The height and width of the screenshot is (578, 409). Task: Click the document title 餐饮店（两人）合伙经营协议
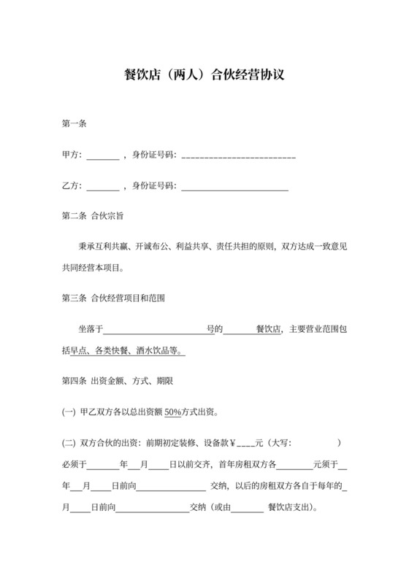point(204,74)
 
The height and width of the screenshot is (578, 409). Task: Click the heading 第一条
point(74,124)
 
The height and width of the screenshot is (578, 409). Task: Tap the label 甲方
point(71,155)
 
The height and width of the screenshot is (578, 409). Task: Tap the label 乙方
point(71,186)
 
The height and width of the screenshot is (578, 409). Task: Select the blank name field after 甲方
point(102,155)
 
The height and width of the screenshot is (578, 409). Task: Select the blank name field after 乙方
point(102,187)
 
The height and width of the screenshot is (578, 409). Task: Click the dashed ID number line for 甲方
point(238,156)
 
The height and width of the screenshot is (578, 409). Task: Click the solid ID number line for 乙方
point(234,188)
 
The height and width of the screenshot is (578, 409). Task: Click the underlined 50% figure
point(172,412)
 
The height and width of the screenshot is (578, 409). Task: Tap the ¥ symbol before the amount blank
point(233,442)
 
